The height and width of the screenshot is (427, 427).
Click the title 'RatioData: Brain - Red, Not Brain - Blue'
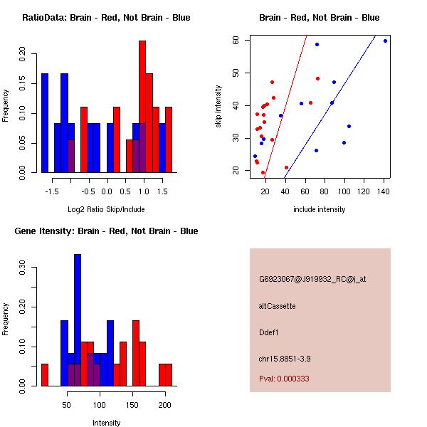click(106, 18)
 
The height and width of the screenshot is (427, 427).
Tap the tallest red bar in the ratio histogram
click(142, 106)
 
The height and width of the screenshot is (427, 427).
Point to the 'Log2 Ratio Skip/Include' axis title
click(106, 209)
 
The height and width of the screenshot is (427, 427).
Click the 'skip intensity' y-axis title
click(218, 106)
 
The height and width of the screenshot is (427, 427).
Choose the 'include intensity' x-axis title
click(320, 209)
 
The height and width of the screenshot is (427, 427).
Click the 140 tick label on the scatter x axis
click(384, 191)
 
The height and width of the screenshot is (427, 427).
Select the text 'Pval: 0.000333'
click(284, 379)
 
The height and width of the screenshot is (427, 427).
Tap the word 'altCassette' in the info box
click(278, 306)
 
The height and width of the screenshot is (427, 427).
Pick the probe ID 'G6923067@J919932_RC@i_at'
click(312, 280)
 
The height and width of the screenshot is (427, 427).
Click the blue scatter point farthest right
click(385, 41)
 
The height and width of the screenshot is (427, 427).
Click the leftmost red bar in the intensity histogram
click(45, 374)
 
